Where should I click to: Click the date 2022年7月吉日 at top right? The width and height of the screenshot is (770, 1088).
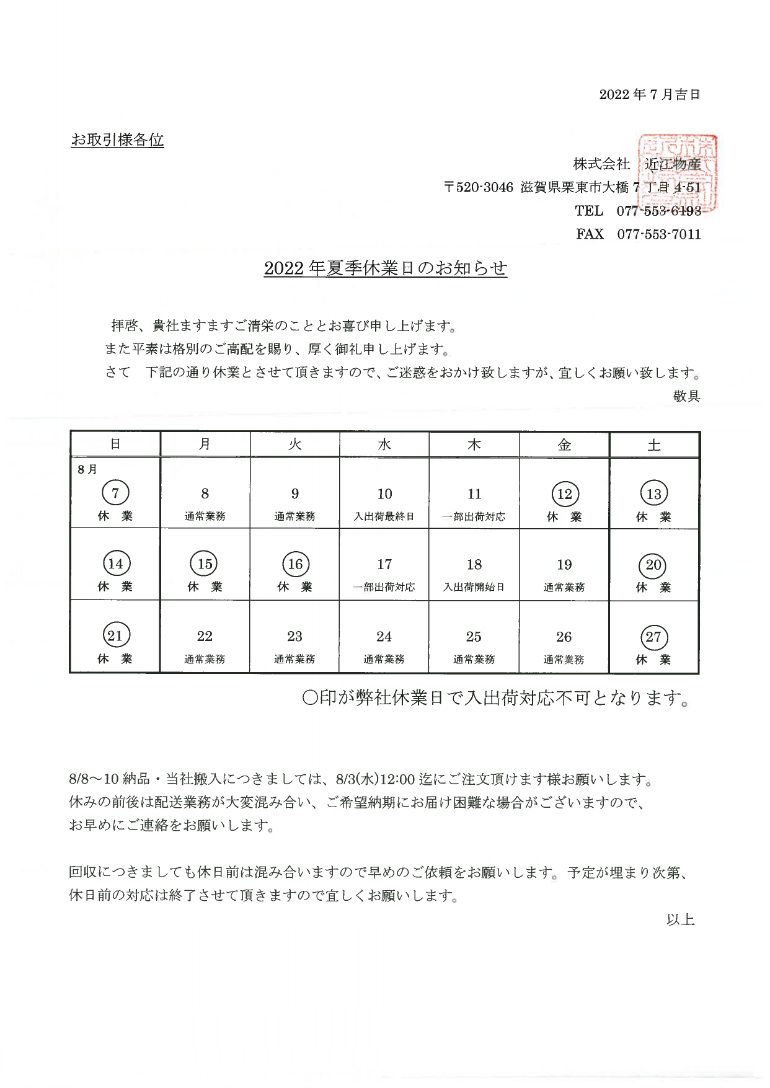tap(649, 95)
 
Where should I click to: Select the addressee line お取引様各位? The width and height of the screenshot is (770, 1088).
tap(117, 140)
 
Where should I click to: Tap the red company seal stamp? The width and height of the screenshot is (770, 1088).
tap(678, 174)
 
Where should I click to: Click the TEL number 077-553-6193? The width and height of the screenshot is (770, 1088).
tap(658, 211)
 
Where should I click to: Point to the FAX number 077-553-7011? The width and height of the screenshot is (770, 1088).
tap(658, 234)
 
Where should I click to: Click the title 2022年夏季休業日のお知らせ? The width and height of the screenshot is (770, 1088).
tap(385, 268)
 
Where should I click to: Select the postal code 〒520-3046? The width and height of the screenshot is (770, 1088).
tap(479, 187)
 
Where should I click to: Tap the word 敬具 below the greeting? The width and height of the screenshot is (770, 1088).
tap(686, 396)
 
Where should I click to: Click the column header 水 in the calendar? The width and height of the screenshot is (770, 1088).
tap(384, 444)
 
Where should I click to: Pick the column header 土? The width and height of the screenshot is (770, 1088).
tap(654, 445)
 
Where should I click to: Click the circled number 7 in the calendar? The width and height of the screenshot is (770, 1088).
tap(115, 493)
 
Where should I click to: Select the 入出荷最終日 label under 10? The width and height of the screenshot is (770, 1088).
tap(384, 516)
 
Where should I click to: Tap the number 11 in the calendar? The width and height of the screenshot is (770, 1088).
tap(474, 494)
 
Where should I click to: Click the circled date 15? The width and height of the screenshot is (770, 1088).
tap(205, 564)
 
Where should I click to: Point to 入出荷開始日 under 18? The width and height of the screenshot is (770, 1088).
tap(474, 587)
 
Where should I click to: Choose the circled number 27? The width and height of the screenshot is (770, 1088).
tap(653, 637)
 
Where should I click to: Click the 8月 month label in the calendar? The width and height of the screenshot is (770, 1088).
tap(87, 469)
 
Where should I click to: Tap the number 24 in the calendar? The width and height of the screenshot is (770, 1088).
tap(384, 637)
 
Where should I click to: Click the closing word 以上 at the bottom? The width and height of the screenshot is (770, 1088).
tap(680, 920)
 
